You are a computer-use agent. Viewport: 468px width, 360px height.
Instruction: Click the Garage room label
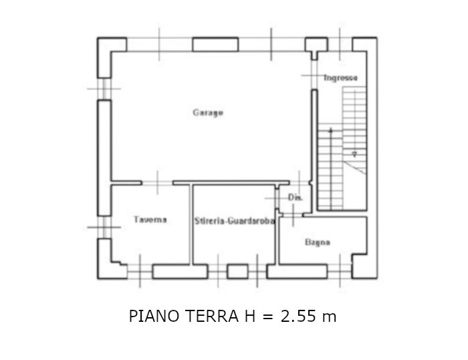[x=208, y=112]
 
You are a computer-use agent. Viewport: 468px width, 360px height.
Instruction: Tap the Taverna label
[x=150, y=219]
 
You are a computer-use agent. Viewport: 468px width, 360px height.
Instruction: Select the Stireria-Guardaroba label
[x=234, y=221]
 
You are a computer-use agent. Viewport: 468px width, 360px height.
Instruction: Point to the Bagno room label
[x=318, y=242]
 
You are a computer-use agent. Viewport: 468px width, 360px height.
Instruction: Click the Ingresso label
[x=340, y=78]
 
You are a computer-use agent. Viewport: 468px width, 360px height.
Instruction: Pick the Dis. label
[x=296, y=197]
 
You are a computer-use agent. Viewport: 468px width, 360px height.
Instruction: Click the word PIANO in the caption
[x=154, y=316]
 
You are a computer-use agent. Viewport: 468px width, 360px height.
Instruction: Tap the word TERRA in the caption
[x=212, y=316]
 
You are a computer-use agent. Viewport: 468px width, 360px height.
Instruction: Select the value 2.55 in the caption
[x=298, y=316]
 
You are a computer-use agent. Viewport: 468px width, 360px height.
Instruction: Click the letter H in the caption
[x=250, y=316]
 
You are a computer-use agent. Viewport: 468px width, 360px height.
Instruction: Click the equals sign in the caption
[x=268, y=317]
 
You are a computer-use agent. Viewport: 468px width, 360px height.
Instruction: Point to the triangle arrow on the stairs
[x=354, y=154]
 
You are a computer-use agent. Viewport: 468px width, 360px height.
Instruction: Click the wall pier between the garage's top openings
[x=215, y=45]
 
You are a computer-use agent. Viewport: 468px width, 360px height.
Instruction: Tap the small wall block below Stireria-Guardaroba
[x=237, y=272]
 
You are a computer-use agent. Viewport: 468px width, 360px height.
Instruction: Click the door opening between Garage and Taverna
[x=157, y=183]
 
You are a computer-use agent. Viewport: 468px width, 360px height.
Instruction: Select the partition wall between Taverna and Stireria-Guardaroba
[x=191, y=224]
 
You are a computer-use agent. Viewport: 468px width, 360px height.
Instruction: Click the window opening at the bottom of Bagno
[x=340, y=271]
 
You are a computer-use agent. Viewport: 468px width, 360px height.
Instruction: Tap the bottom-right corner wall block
[x=364, y=266]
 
